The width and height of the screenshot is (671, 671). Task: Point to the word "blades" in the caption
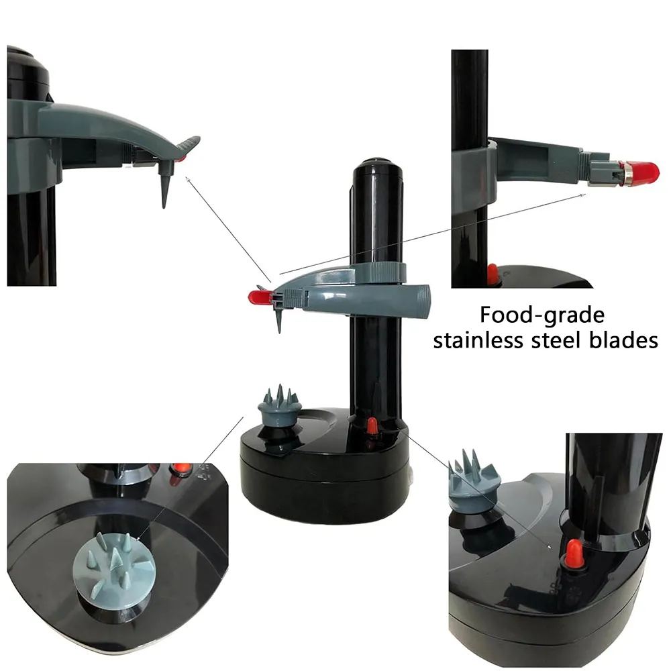[x=623, y=341]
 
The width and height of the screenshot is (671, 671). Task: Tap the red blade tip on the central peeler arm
[x=259, y=297]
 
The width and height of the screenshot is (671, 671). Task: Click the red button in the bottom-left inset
[x=180, y=470]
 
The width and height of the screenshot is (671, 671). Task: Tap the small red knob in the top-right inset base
[x=493, y=274]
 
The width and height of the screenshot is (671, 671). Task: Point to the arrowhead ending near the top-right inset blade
[x=583, y=195]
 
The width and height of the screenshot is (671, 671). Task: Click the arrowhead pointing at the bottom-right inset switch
[x=550, y=547]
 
